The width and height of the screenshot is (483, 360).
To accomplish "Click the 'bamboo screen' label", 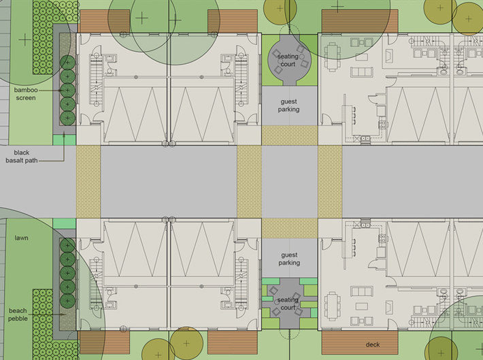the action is tap(26, 94).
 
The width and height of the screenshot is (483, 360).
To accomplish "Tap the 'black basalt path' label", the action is tap(22, 157).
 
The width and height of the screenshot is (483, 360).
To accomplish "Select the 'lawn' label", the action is tap(21, 238).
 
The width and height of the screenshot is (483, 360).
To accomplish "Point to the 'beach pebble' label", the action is tap(18, 314).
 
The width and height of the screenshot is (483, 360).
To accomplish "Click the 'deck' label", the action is tap(373, 344).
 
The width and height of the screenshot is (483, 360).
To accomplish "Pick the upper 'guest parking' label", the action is tap(288, 105).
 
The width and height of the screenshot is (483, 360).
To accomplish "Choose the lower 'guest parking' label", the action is tap(289, 259).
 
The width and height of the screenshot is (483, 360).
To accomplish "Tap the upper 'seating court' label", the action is tap(288, 60).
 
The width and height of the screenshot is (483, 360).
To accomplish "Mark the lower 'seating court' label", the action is tap(288, 304).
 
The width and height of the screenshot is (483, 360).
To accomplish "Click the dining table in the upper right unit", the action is tap(332, 57).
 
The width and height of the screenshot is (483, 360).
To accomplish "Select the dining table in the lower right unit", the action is tap(332, 307).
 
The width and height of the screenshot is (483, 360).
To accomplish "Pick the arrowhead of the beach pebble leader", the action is tap(64, 314).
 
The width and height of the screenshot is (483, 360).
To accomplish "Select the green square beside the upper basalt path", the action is tap(65, 140).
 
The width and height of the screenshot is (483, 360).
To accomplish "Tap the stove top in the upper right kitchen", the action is tap(382, 125).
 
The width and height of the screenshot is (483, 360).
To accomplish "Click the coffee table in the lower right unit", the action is tap(362, 306).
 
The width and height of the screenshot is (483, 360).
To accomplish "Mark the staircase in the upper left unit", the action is tap(95, 80).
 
